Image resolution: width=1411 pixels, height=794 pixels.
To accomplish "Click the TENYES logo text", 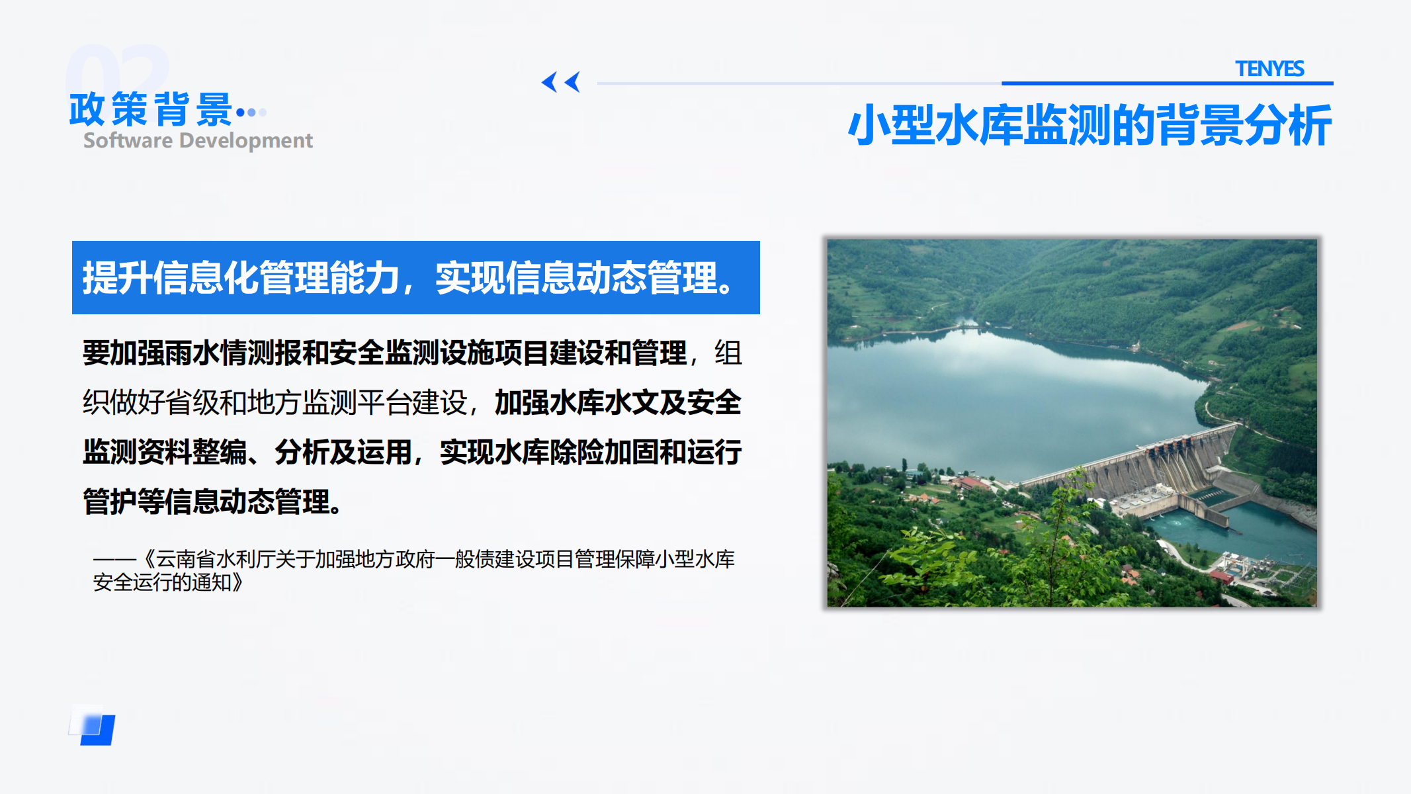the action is pyautogui.click(x=1269, y=69).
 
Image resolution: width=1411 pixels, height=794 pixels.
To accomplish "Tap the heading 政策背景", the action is pyautogui.click(x=151, y=109).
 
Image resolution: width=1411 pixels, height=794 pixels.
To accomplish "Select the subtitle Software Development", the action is pyautogui.click(x=198, y=140).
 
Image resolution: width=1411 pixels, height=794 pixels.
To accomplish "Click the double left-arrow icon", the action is pyautogui.click(x=561, y=82).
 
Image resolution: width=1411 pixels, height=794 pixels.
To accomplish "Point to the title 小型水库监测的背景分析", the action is pyautogui.click(x=1090, y=125).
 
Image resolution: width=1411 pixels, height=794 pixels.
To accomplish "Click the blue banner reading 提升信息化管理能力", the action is pyautogui.click(x=415, y=277).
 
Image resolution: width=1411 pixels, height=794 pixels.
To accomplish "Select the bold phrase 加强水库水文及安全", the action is pyautogui.click(x=618, y=402).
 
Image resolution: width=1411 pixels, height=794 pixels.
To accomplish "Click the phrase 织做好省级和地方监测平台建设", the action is pyautogui.click(x=275, y=402).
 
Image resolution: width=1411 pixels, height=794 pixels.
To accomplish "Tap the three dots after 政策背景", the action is pyautogui.click(x=251, y=112).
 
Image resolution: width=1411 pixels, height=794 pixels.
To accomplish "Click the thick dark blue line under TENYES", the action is pyautogui.click(x=1168, y=83).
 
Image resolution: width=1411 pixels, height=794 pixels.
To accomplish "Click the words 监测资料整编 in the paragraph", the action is pyautogui.click(x=165, y=452).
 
